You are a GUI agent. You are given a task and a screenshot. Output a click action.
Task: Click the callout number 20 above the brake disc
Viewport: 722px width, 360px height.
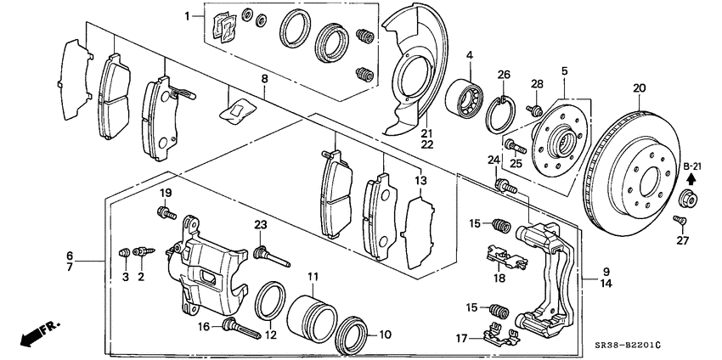click(639, 87)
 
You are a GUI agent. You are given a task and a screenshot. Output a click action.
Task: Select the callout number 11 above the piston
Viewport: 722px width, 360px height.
click(313, 277)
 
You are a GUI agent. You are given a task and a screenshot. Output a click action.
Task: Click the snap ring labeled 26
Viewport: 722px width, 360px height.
click(502, 115)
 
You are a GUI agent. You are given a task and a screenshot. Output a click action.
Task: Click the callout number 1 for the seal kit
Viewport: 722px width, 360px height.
click(189, 16)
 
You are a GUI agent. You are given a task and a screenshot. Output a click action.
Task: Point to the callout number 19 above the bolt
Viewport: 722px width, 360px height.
click(166, 192)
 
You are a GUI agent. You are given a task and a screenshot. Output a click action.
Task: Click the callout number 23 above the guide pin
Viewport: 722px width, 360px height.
click(261, 225)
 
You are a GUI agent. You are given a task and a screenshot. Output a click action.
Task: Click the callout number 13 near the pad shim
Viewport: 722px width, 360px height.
click(417, 181)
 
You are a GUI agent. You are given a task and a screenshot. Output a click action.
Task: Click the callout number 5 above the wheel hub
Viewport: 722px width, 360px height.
click(564, 70)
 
